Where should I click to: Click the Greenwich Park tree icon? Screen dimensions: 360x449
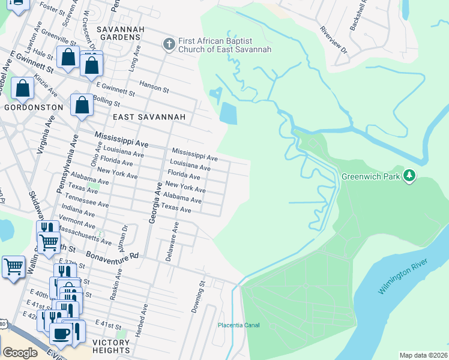pyautogui.click(x=410, y=175)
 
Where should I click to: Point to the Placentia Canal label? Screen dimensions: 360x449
pyautogui.click(x=238, y=325)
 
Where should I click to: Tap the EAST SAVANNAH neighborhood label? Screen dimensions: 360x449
pyautogui.click(x=139, y=116)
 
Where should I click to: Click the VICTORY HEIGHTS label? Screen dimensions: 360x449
pyautogui.click(x=111, y=346)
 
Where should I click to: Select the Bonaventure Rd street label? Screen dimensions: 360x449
pyautogui.click(x=112, y=254)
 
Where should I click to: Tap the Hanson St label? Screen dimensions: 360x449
pyautogui.click(x=154, y=86)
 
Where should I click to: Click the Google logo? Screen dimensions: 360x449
pyautogui.click(x=20, y=352)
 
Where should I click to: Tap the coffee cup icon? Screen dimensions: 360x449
pyautogui.click(x=61, y=334)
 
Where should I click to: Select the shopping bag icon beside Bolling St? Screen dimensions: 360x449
pyautogui.click(x=82, y=106)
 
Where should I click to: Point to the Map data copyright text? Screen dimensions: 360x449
pyautogui.click(x=424, y=355)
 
